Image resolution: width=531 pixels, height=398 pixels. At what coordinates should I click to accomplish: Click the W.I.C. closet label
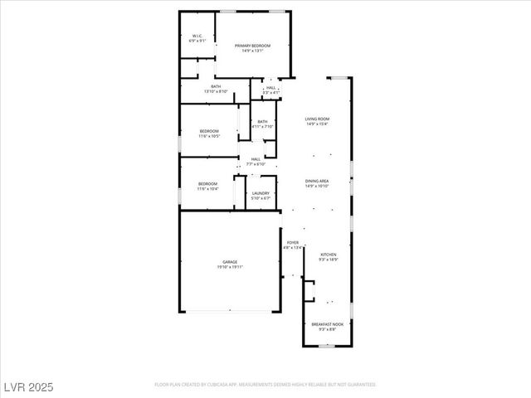click(x=197, y=36)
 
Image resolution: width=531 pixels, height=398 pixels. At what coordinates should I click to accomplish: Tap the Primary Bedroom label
click(x=252, y=46)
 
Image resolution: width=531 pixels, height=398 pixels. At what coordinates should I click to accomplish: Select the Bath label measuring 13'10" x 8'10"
click(x=216, y=86)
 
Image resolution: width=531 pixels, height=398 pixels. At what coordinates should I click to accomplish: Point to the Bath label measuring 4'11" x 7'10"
click(x=262, y=122)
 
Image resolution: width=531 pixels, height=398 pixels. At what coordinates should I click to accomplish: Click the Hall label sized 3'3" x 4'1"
click(x=270, y=87)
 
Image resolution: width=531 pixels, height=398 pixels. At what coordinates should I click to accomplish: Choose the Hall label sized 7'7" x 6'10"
click(x=256, y=159)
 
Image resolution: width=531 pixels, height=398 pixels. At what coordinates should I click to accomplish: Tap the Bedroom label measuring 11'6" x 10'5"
click(x=208, y=131)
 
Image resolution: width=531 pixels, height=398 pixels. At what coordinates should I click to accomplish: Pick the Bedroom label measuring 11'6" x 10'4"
click(x=207, y=183)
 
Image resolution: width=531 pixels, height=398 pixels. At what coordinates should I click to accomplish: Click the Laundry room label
click(x=261, y=193)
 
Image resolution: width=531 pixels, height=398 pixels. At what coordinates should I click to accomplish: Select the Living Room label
click(x=317, y=119)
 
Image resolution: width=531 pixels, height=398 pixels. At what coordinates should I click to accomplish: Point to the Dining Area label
click(x=317, y=181)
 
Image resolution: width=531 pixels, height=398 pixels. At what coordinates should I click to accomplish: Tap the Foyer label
click(x=293, y=242)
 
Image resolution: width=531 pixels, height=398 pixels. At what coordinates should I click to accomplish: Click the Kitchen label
click(x=329, y=255)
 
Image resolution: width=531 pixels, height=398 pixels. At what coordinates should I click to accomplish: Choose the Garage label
click(x=230, y=262)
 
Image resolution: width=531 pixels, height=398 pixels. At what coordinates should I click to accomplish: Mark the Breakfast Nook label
click(x=326, y=324)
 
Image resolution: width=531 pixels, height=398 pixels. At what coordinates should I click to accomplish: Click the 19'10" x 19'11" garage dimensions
click(x=230, y=267)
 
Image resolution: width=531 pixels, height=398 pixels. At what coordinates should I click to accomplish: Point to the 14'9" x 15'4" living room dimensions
click(x=317, y=124)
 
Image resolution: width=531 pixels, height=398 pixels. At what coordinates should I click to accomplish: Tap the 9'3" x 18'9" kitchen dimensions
click(x=329, y=260)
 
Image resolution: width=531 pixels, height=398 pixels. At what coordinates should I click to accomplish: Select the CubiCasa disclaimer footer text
click(x=265, y=384)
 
